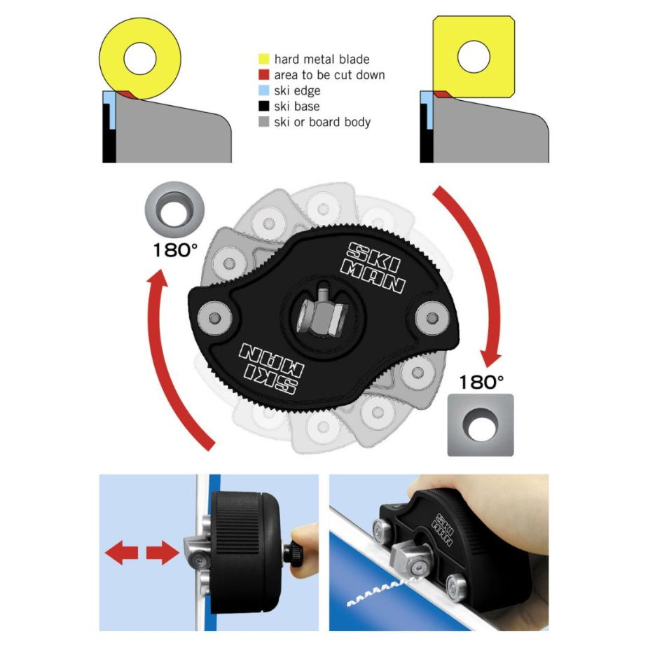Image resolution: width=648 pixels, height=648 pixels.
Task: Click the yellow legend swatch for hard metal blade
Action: pyautogui.click(x=263, y=59)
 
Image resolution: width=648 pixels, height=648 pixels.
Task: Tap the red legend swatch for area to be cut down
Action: pyautogui.click(x=263, y=74)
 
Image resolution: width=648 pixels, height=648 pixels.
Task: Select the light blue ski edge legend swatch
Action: pyautogui.click(x=263, y=90)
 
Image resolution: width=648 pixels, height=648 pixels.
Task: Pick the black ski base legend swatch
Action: pyautogui.click(x=263, y=106)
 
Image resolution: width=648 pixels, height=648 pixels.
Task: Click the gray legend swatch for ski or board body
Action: pyautogui.click(x=263, y=121)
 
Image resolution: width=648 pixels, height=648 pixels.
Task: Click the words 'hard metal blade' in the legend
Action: pyautogui.click(x=322, y=59)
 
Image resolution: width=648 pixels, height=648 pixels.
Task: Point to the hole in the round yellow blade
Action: pyautogui.click(x=139, y=58)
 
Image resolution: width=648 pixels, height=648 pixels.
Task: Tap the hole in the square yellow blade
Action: pyautogui.click(x=474, y=57)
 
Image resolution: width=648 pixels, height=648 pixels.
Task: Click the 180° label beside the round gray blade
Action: pyautogui.click(x=175, y=250)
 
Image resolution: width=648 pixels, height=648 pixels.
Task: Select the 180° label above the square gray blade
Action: pyautogui.click(x=481, y=382)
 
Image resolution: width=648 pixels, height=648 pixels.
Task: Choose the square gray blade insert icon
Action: pyautogui.click(x=481, y=425)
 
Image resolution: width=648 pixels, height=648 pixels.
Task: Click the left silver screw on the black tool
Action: pyautogui.click(x=214, y=318)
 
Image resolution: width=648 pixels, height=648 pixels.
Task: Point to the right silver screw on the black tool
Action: pyautogui.click(x=432, y=318)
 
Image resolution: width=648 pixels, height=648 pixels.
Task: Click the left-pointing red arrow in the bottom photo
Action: pyautogui.click(x=122, y=553)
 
